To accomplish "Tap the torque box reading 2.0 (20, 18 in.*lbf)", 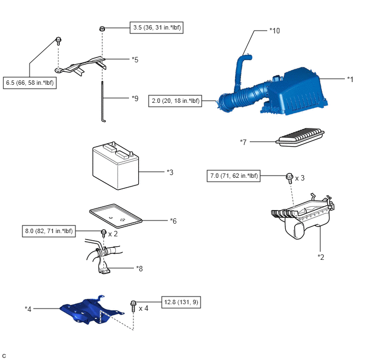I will (x=175, y=101).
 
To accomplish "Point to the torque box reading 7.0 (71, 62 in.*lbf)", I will (x=234, y=176).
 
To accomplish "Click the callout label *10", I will (x=275, y=31).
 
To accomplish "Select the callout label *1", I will (x=350, y=79).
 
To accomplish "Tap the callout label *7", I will (x=244, y=142).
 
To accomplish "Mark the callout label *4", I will (x=28, y=309).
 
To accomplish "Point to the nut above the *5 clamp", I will (x=102, y=29).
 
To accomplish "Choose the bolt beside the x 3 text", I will (x=289, y=177).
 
